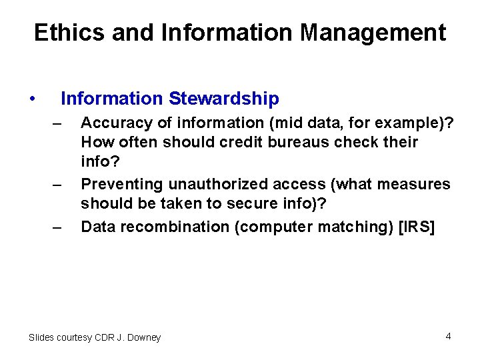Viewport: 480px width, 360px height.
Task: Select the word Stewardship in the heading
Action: pyautogui.click(x=224, y=99)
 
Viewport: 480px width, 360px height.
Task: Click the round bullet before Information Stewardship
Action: pyautogui.click(x=32, y=100)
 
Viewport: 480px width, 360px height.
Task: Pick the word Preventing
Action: pyautogui.click(x=118, y=184)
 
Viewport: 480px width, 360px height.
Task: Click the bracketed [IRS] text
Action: pyautogui.click(x=416, y=227)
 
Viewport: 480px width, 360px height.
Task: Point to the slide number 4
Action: pyautogui.click(x=449, y=336)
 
